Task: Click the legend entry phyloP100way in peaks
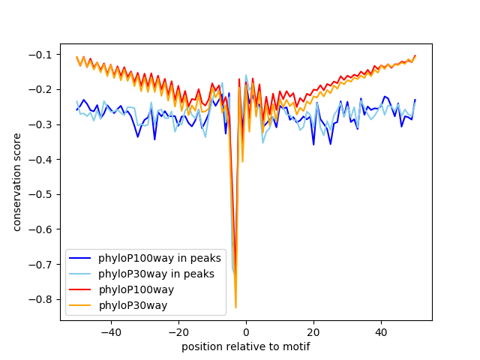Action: [x=159, y=258]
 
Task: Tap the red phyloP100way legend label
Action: [x=136, y=289]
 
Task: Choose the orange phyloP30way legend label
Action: [x=133, y=305]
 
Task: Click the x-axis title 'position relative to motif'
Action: [x=246, y=346]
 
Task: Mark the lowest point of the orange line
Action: [x=235, y=307]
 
